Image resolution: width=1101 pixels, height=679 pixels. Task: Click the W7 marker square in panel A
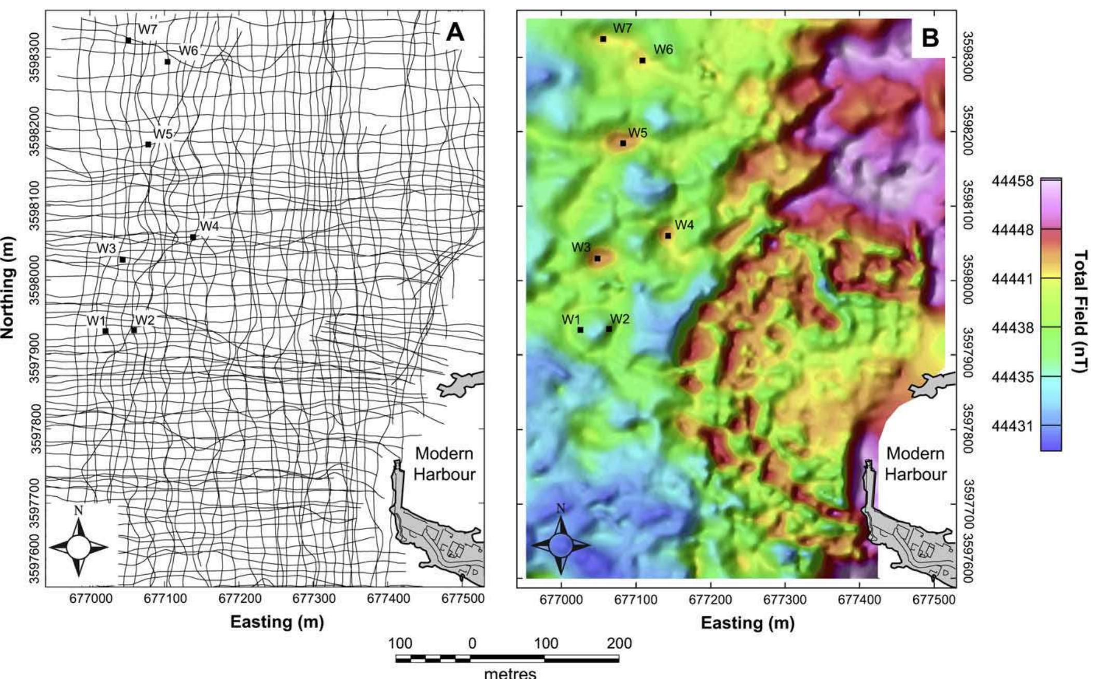128,40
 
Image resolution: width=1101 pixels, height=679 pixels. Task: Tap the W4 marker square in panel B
668,236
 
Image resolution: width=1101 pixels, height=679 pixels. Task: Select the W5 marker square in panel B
623,143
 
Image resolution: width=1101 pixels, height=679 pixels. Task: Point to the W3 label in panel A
106,249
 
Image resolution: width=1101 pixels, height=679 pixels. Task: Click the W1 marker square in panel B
580,330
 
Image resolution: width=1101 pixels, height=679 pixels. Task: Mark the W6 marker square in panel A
168,62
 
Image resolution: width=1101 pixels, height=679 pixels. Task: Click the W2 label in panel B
620,319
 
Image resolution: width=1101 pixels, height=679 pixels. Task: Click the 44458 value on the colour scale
1012,182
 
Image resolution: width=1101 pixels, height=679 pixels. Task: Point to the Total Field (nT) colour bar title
1081,311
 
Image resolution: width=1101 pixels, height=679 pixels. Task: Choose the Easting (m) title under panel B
747,623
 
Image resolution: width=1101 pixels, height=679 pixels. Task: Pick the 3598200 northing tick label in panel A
34,131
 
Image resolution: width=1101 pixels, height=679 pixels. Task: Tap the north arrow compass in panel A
78,547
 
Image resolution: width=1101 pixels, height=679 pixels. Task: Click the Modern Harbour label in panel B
915,464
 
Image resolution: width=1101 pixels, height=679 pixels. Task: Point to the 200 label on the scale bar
619,644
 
